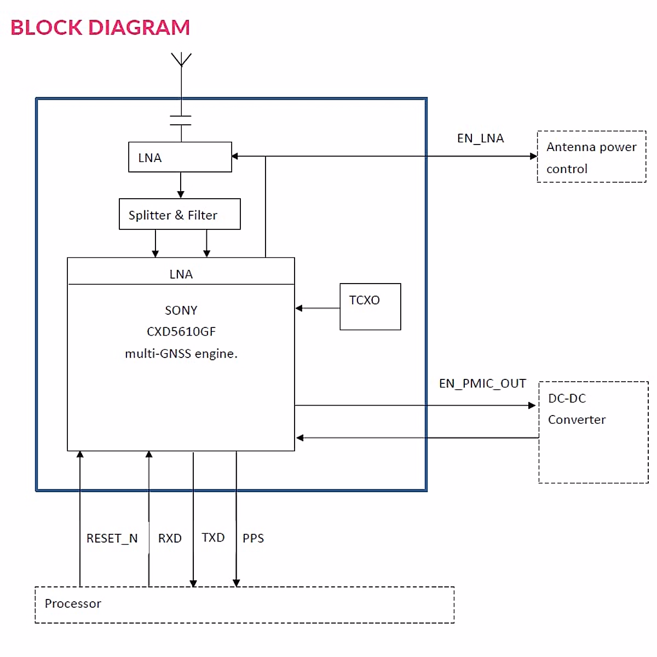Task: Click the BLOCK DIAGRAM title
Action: (100, 27)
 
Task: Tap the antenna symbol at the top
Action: (181, 59)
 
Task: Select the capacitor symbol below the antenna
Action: (181, 120)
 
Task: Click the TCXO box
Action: (370, 306)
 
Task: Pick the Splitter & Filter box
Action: (180, 214)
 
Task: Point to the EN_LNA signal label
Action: (480, 139)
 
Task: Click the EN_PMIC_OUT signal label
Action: (482, 383)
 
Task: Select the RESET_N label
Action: (112, 539)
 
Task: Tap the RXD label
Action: (170, 539)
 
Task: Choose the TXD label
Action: (213, 538)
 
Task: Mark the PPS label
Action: (253, 539)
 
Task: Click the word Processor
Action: (73, 603)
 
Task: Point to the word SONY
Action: (181, 310)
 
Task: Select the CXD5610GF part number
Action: (181, 332)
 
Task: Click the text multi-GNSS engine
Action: (181, 354)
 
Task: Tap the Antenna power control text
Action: (591, 158)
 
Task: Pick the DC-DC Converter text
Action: (577, 409)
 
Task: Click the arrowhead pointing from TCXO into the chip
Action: (299, 308)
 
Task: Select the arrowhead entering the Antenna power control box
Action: (533, 156)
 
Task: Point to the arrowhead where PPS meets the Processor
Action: (237, 583)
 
